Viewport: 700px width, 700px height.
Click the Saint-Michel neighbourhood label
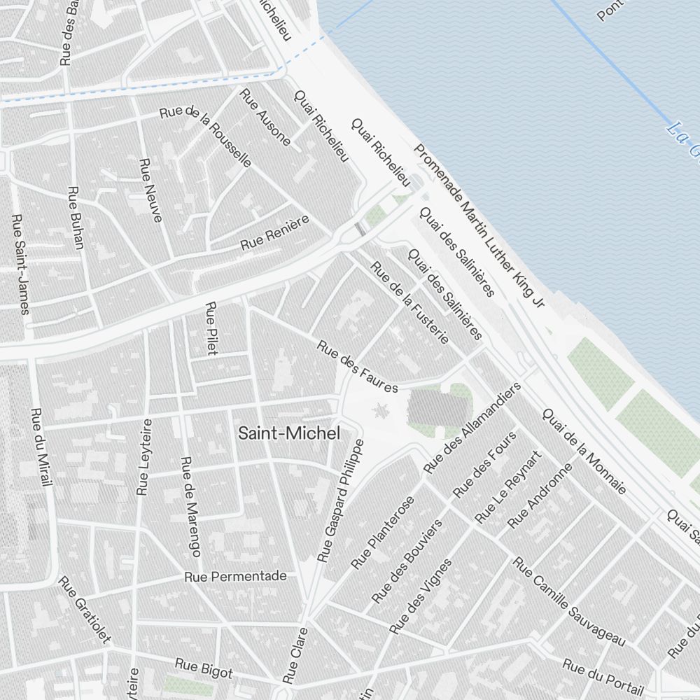coord(289,433)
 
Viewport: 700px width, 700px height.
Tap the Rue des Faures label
coord(357,366)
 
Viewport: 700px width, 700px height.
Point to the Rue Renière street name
coord(274,234)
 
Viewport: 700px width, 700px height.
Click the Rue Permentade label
coord(236,577)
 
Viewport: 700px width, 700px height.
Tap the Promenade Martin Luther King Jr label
coord(479,225)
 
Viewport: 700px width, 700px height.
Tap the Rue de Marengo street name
coord(191,506)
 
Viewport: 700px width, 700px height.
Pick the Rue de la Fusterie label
coord(409,302)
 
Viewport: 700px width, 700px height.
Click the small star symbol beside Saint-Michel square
coord(381,410)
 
